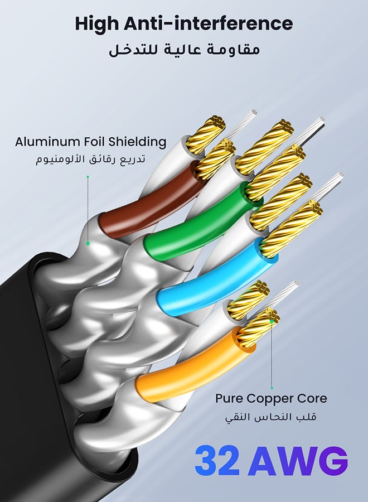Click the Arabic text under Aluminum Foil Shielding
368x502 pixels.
90,159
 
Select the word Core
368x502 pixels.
312,399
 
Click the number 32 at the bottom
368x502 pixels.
217,460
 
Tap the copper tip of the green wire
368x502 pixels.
276,173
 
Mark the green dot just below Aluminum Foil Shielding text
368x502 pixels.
88,177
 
